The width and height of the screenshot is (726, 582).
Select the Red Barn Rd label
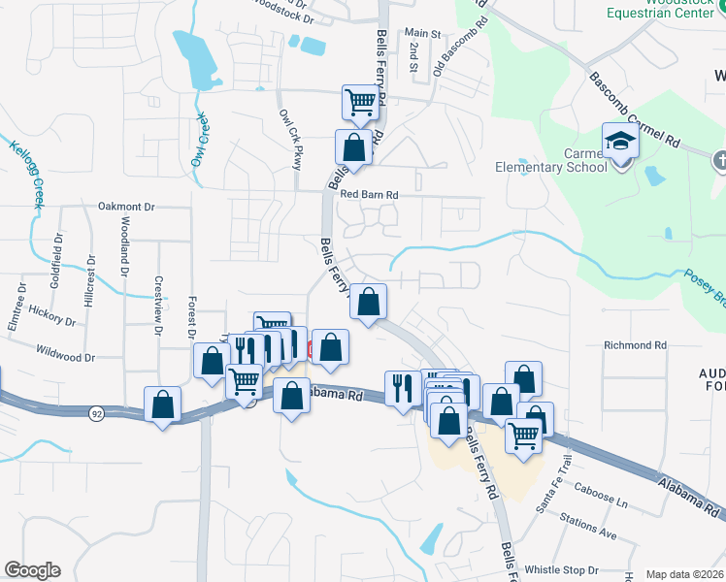coord(369,195)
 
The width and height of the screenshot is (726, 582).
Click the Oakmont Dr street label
coord(127,207)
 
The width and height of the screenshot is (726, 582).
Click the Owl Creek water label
coord(199,140)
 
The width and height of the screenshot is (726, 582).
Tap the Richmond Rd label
coord(635,344)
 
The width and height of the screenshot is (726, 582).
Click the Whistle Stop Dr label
coord(561,569)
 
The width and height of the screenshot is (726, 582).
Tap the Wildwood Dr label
coord(65,356)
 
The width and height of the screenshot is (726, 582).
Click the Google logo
coord(31,570)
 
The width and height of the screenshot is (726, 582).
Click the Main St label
coord(423,33)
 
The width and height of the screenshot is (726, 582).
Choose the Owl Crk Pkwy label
coord(290,140)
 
